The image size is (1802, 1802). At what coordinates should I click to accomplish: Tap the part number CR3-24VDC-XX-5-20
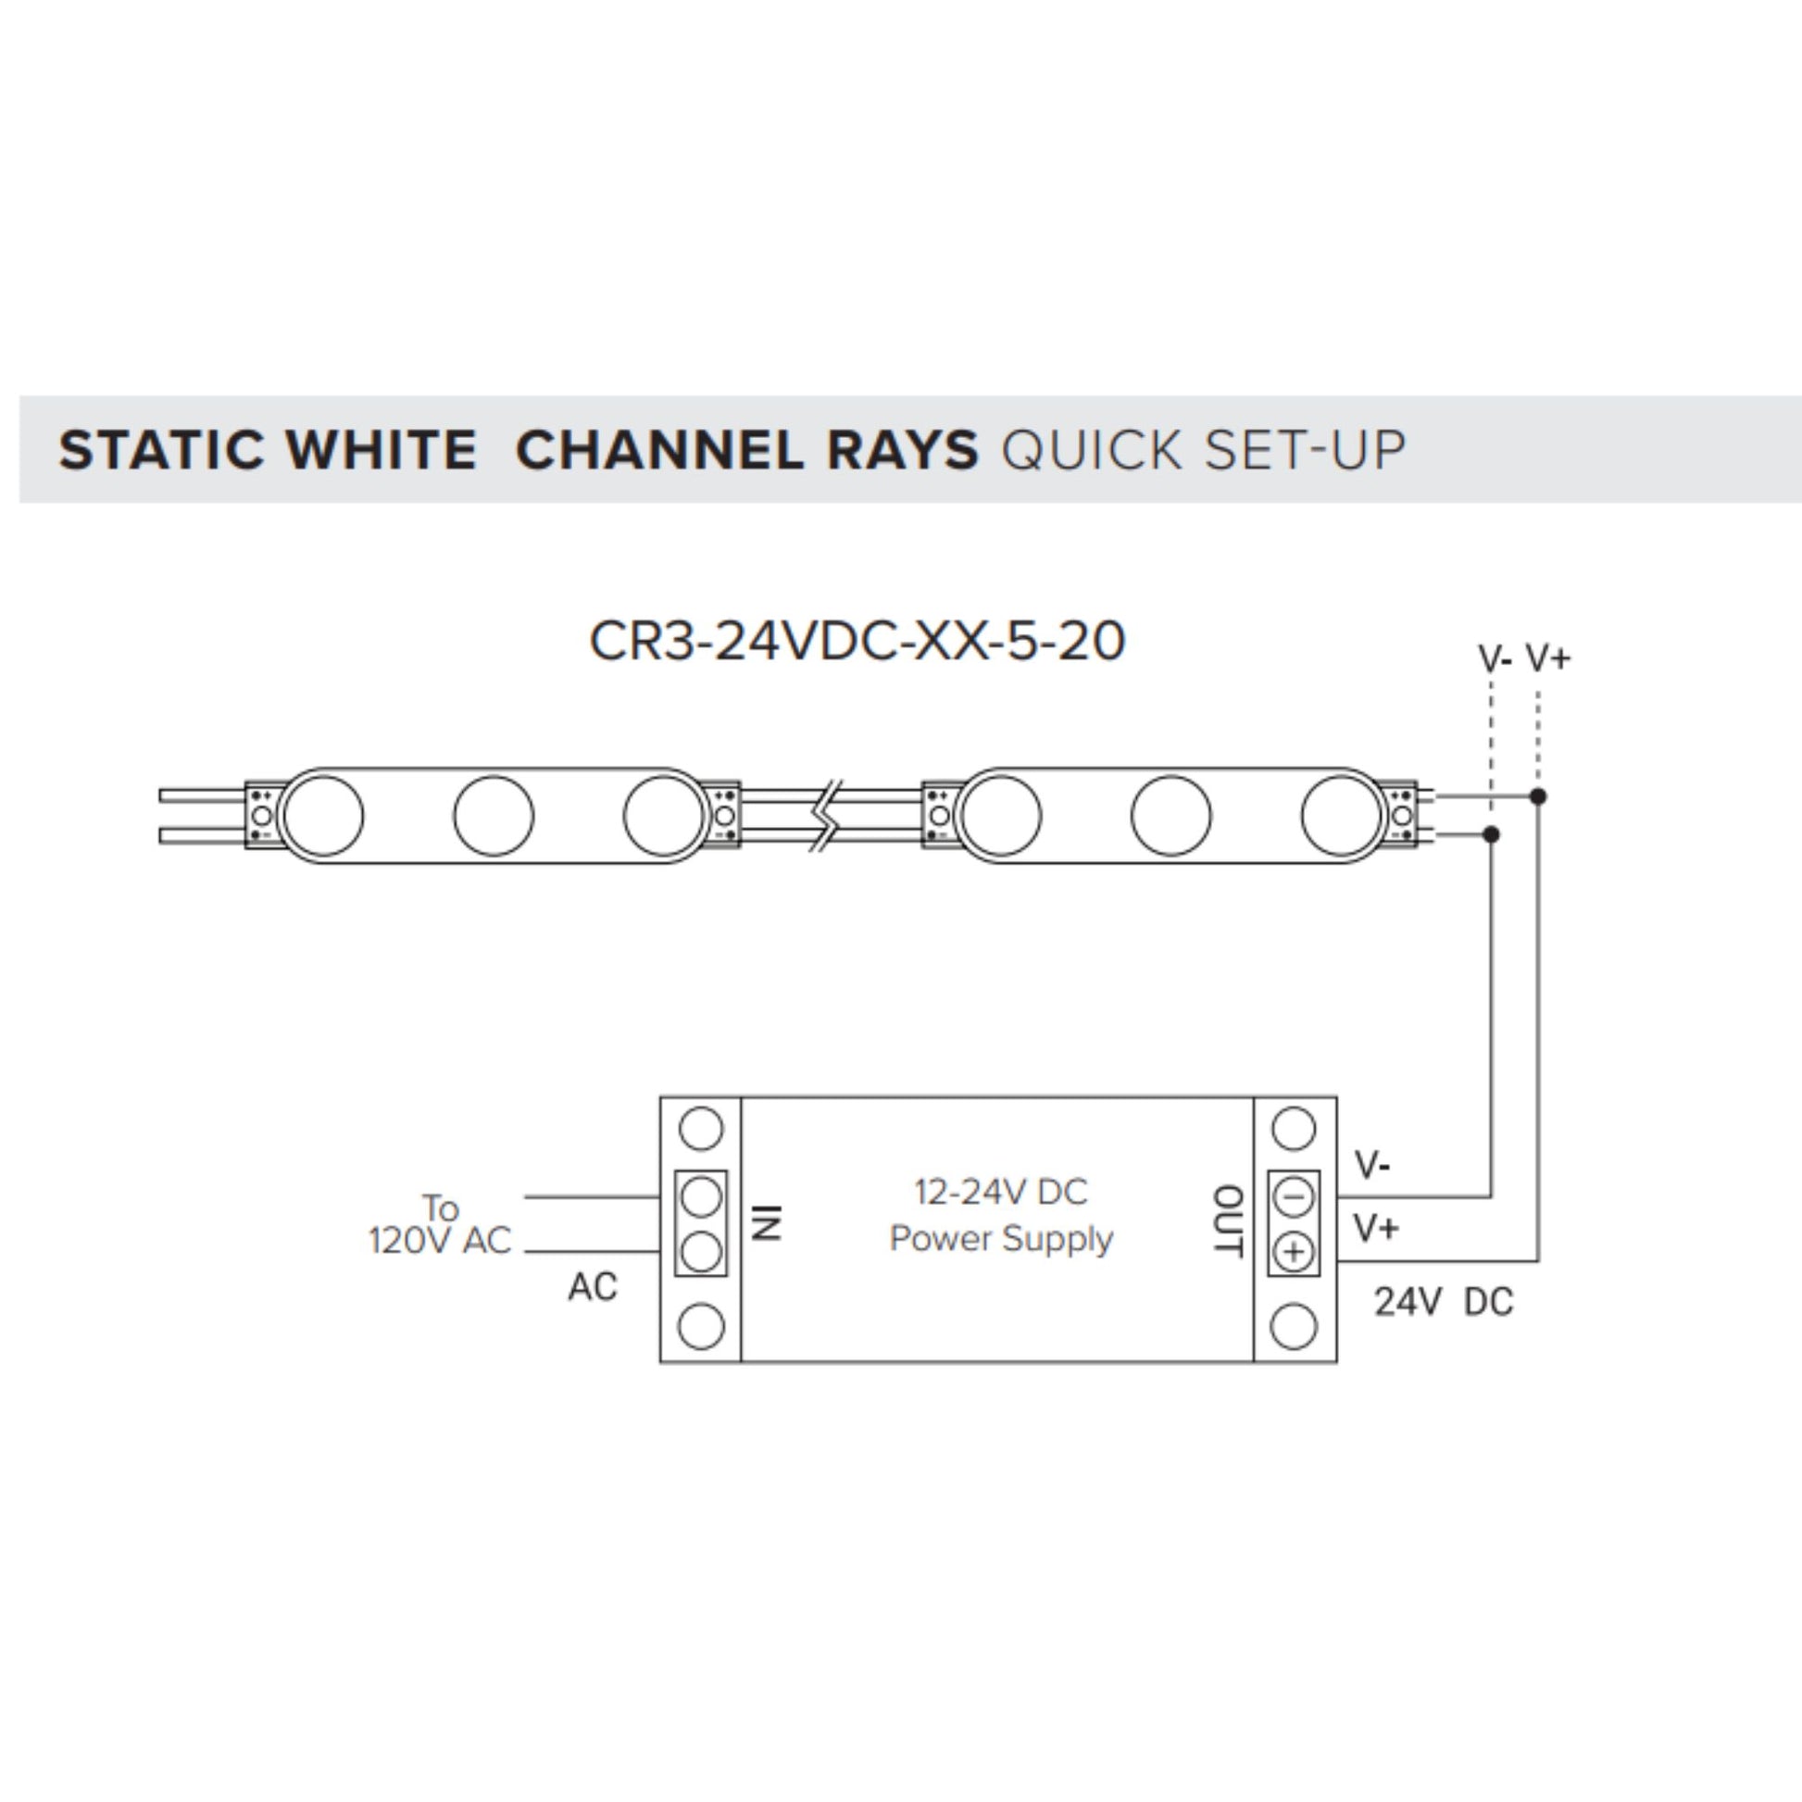point(857,642)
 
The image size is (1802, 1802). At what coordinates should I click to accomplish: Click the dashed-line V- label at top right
point(1495,659)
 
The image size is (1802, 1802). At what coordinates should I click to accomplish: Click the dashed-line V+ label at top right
point(1548,658)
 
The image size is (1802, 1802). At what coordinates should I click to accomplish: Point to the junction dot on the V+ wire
point(1539,796)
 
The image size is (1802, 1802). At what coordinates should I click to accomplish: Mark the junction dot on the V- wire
point(1492,833)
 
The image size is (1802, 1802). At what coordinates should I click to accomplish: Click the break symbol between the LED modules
point(826,815)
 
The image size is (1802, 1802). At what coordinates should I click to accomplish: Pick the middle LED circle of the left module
point(494,815)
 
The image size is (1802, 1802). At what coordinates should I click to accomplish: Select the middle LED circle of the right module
point(1170,815)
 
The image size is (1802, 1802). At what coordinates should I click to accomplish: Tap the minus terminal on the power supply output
point(1294,1196)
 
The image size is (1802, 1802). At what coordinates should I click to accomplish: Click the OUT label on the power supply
point(1228,1221)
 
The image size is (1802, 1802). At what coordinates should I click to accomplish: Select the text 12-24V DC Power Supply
point(1001,1215)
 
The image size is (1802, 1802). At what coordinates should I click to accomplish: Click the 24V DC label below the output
point(1443,1303)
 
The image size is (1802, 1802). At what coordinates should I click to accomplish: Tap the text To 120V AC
point(440,1224)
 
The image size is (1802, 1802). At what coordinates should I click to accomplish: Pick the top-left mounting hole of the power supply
point(701,1129)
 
